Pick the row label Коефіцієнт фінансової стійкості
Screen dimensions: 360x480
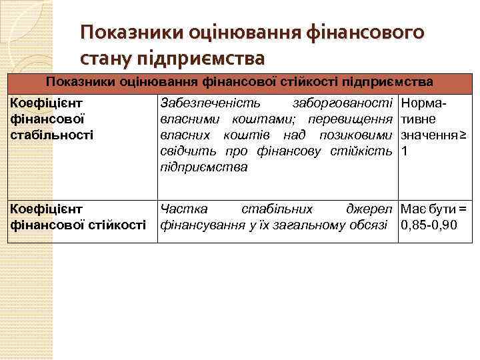pyautogui.click(x=77, y=217)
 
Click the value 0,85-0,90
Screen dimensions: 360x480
pyautogui.click(x=429, y=225)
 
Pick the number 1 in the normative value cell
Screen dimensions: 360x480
pyautogui.click(x=403, y=151)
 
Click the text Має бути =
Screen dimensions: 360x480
pyautogui.click(x=433, y=209)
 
